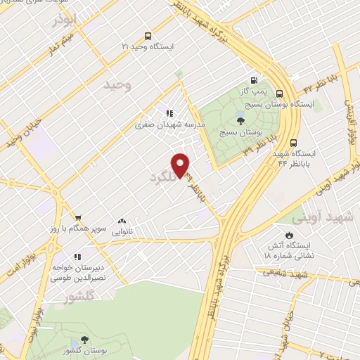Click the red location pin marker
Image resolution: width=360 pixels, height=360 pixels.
click(181, 165)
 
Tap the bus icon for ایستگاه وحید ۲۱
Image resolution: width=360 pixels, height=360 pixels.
click(147, 36)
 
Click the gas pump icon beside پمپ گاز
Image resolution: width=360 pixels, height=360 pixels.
click(253, 80)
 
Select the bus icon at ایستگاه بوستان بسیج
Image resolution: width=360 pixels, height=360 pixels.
click(280, 93)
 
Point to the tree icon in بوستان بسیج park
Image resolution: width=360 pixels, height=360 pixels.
click(241, 120)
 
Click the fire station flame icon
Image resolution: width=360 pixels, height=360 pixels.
click(288, 235)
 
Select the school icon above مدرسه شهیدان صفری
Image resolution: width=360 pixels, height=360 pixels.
click(169, 112)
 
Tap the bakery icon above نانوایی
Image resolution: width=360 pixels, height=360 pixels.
click(122, 221)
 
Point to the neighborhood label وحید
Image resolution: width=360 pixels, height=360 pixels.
click(117, 85)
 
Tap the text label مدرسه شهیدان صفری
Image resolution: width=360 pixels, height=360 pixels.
click(170, 124)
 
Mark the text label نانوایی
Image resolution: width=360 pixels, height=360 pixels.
click(122, 231)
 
